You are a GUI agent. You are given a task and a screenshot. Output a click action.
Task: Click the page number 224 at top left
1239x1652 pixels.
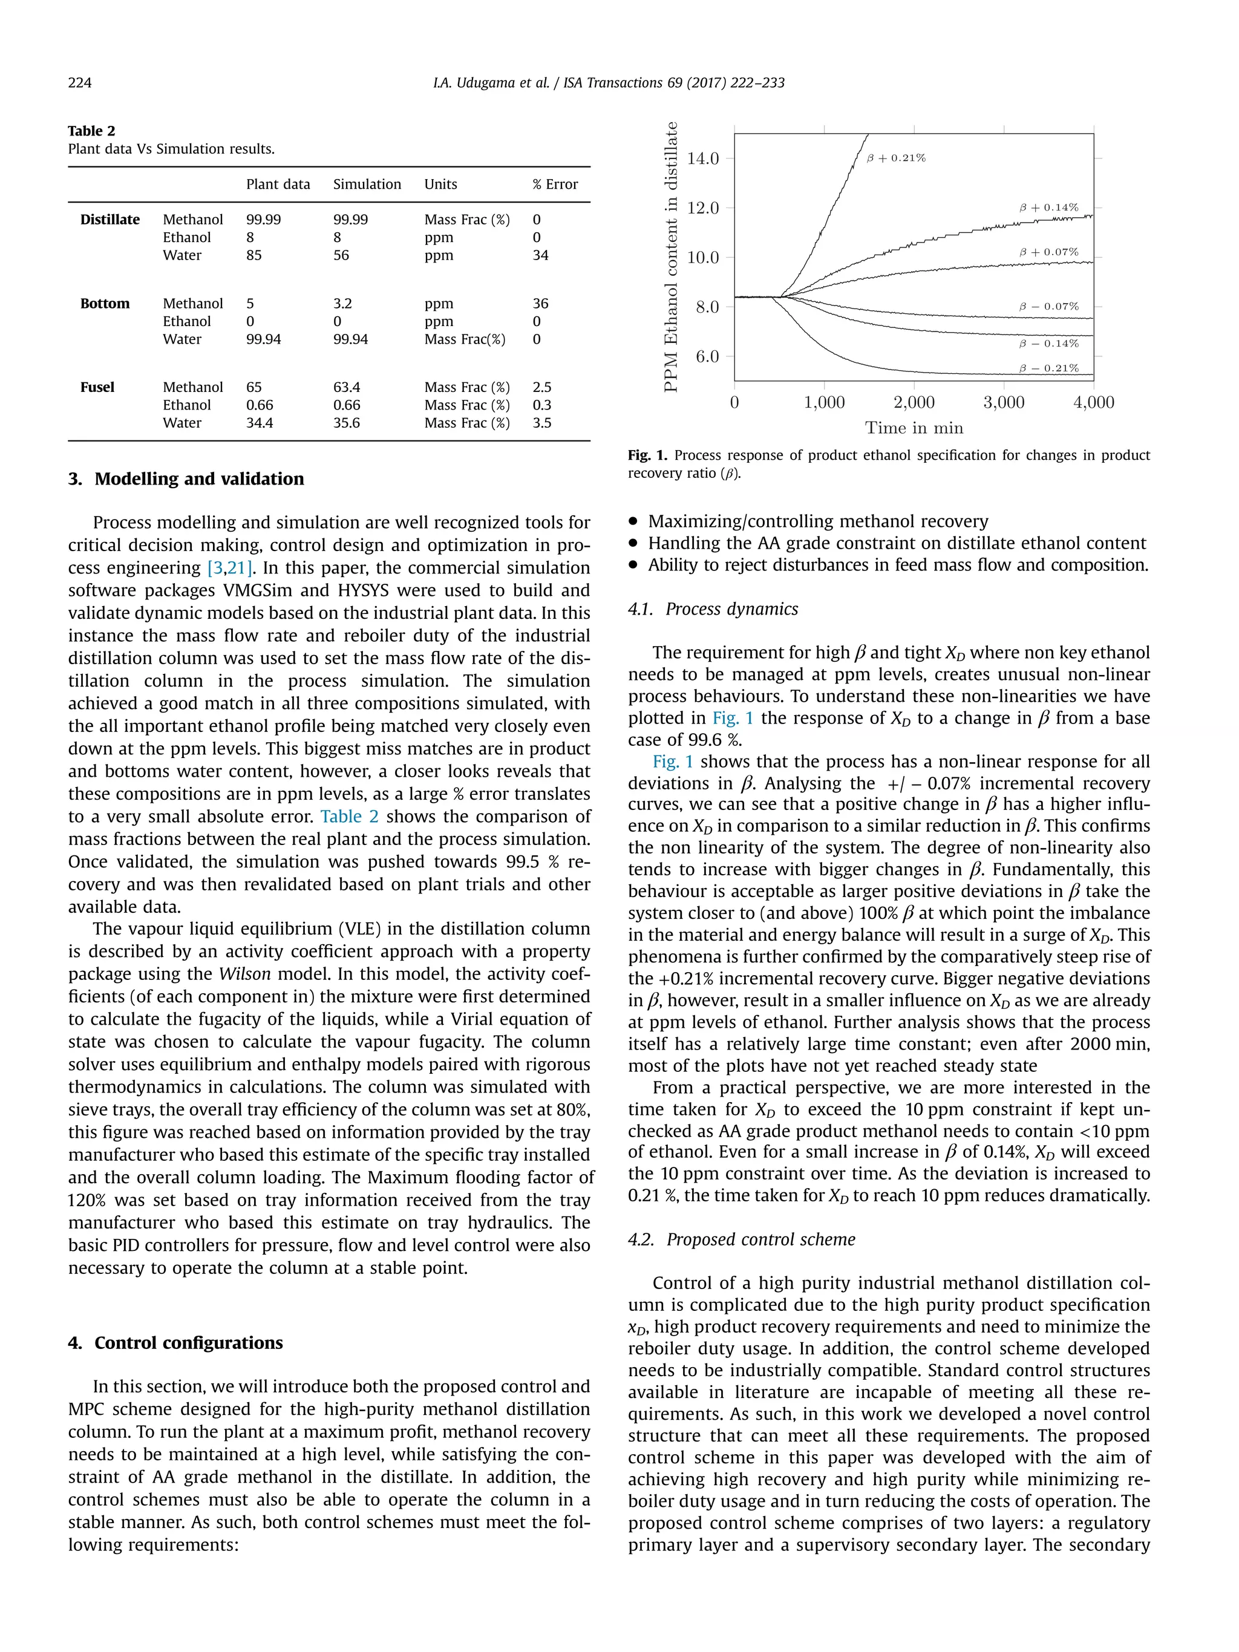[80, 83]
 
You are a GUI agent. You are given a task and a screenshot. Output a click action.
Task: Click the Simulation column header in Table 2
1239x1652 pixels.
[367, 184]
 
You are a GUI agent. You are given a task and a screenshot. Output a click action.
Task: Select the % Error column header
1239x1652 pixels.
[555, 184]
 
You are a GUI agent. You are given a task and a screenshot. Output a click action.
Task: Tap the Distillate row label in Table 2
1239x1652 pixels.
[110, 220]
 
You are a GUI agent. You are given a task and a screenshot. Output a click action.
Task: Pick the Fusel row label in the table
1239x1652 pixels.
[97, 387]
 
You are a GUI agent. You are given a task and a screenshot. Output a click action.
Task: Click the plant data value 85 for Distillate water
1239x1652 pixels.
[254, 255]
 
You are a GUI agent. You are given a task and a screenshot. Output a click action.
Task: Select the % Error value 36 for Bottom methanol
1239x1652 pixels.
[541, 303]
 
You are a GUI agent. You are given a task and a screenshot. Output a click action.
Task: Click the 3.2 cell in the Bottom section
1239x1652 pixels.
[343, 303]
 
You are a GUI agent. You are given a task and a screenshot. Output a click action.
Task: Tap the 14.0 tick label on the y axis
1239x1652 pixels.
[703, 158]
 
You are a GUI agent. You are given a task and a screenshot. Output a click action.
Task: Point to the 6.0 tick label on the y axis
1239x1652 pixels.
[707, 357]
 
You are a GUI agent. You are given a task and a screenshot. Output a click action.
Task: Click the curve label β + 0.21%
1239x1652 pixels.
[896, 158]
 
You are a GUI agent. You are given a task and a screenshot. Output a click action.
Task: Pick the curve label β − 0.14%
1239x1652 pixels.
[1048, 344]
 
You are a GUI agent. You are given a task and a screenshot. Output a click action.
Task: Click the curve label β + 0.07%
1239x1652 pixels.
[1048, 252]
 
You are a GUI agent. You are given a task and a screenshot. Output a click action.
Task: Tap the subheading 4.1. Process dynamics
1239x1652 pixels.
[713, 609]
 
